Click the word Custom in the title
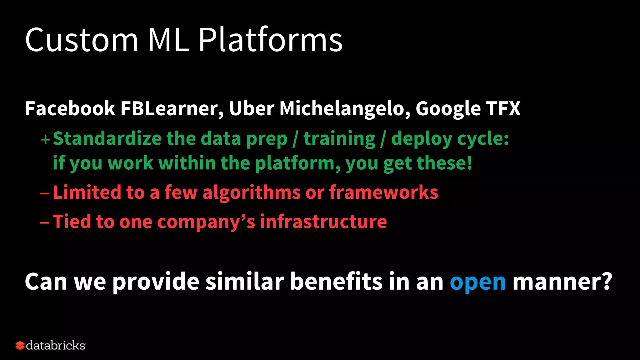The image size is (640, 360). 81,40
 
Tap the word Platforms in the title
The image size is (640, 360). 271,40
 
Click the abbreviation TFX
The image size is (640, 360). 503,108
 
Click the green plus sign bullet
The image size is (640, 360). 46,139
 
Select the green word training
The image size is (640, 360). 339,139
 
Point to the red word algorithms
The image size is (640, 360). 252,192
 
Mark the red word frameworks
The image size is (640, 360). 384,192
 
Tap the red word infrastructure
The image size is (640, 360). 323,222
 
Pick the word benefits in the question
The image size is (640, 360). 337,281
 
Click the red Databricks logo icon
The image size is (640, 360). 20,346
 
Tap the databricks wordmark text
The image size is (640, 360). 56,345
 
